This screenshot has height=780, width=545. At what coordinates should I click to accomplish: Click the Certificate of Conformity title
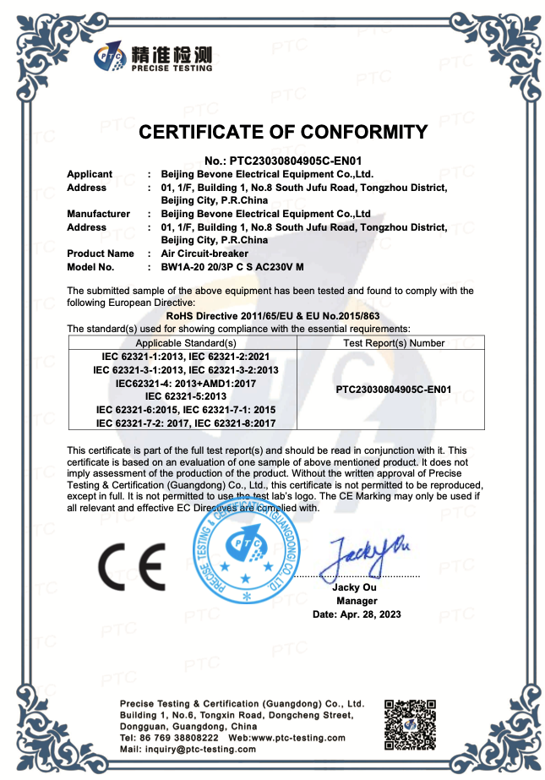(283, 132)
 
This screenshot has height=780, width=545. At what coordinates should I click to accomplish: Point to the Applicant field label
(90, 174)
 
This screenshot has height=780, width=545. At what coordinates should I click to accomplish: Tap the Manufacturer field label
(98, 214)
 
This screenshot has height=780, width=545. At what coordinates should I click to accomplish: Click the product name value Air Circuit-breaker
(204, 254)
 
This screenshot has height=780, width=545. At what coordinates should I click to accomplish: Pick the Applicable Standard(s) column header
(186, 343)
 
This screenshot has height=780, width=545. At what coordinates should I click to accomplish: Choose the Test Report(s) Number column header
(394, 343)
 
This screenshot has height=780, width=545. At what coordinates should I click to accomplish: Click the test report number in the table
(394, 390)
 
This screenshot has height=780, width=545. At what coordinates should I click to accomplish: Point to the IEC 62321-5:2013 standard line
(186, 395)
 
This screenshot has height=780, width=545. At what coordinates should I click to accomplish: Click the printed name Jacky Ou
(356, 587)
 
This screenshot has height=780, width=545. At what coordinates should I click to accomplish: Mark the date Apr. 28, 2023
(357, 614)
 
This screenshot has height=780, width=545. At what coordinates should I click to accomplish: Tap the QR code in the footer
(411, 723)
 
